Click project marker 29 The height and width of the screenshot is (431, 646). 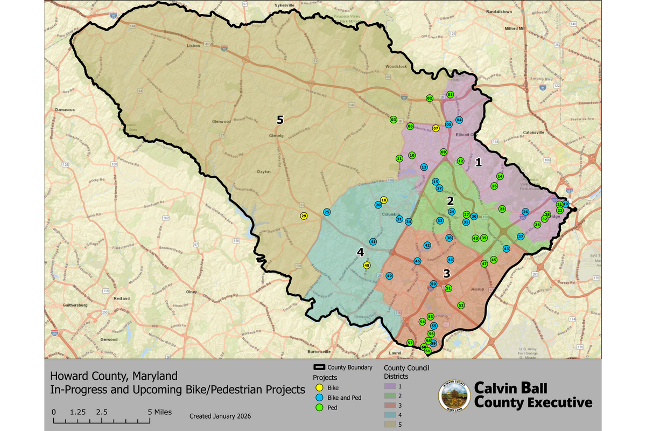pyautogui.click(x=304, y=216)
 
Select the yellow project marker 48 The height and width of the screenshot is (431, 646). pyautogui.click(x=367, y=265)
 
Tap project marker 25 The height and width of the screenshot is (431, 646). pyautogui.click(x=327, y=212)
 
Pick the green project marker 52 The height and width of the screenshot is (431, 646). pyautogui.click(x=461, y=305)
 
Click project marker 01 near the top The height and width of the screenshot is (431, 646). pyautogui.click(x=450, y=95)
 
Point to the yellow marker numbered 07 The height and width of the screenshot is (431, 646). pyautogui.click(x=436, y=128)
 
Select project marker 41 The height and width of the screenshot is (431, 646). pyautogui.click(x=373, y=241)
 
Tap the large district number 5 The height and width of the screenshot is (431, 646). pyautogui.click(x=279, y=120)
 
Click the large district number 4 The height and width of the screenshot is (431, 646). pyautogui.click(x=360, y=252)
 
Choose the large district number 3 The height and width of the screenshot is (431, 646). pyautogui.click(x=446, y=273)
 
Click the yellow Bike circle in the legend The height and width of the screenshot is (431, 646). pyautogui.click(x=319, y=387)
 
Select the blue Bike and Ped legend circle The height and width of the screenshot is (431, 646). pyautogui.click(x=319, y=398)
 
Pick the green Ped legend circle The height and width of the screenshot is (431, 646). pyautogui.click(x=319, y=408)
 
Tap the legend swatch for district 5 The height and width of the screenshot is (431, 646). pyautogui.click(x=389, y=425)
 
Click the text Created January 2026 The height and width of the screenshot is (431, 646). pyautogui.click(x=220, y=416)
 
